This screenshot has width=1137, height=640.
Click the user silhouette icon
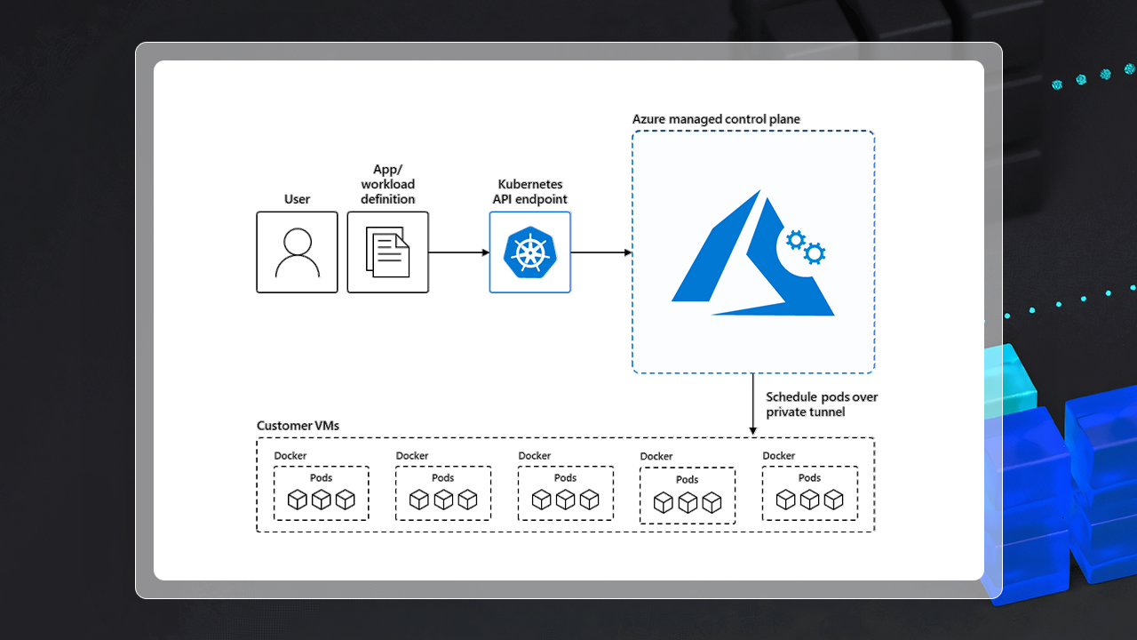pyautogui.click(x=297, y=253)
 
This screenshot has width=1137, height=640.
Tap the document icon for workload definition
pyautogui.click(x=388, y=252)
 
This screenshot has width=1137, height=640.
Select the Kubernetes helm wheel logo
pyautogui.click(x=529, y=252)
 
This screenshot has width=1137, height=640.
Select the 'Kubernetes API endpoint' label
pyautogui.click(x=529, y=192)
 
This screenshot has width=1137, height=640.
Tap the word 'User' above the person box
pyautogui.click(x=297, y=199)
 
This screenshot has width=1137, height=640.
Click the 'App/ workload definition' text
pyautogui.click(x=387, y=185)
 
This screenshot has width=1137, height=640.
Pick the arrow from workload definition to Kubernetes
pyautogui.click(x=458, y=252)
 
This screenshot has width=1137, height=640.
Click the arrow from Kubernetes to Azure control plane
pyautogui.click(x=600, y=252)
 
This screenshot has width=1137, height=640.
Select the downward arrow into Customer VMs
pyautogui.click(x=753, y=405)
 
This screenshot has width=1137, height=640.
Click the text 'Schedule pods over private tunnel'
pyautogui.click(x=822, y=404)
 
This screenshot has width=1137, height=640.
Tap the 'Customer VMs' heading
pyautogui.click(x=298, y=426)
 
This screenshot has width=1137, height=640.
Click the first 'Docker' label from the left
pyautogui.click(x=290, y=456)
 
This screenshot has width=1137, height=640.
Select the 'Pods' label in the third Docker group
pyautogui.click(x=565, y=478)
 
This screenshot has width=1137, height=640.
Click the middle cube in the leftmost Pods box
pyautogui.click(x=321, y=500)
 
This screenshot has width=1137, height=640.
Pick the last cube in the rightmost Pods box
pyautogui.click(x=833, y=500)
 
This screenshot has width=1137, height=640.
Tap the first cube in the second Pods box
pyautogui.click(x=419, y=500)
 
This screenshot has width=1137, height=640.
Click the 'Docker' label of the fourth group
pyautogui.click(x=656, y=457)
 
